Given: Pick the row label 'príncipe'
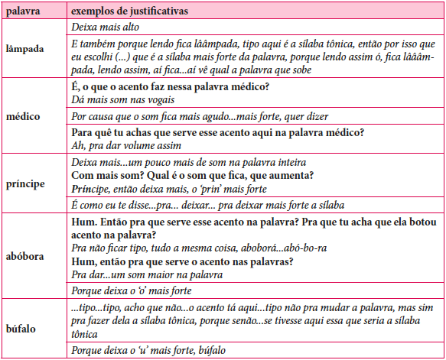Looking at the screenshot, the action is tap(26, 184).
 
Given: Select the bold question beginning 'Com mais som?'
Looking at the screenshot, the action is tap(184, 175).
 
